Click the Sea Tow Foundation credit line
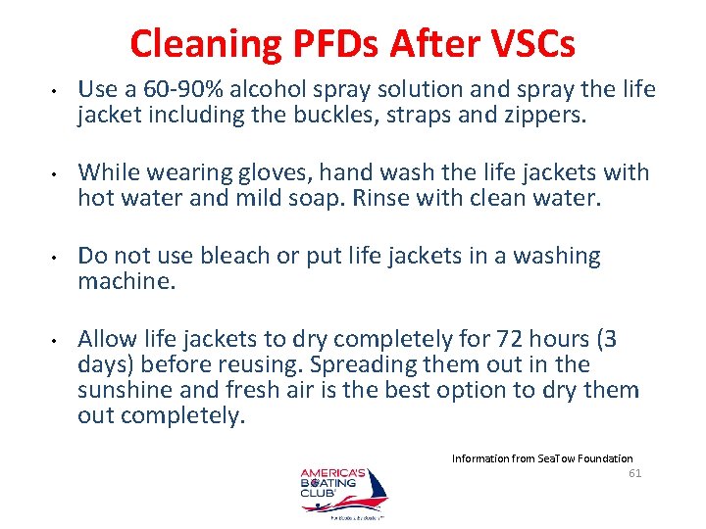tap(541, 457)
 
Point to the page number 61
tap(634, 473)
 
